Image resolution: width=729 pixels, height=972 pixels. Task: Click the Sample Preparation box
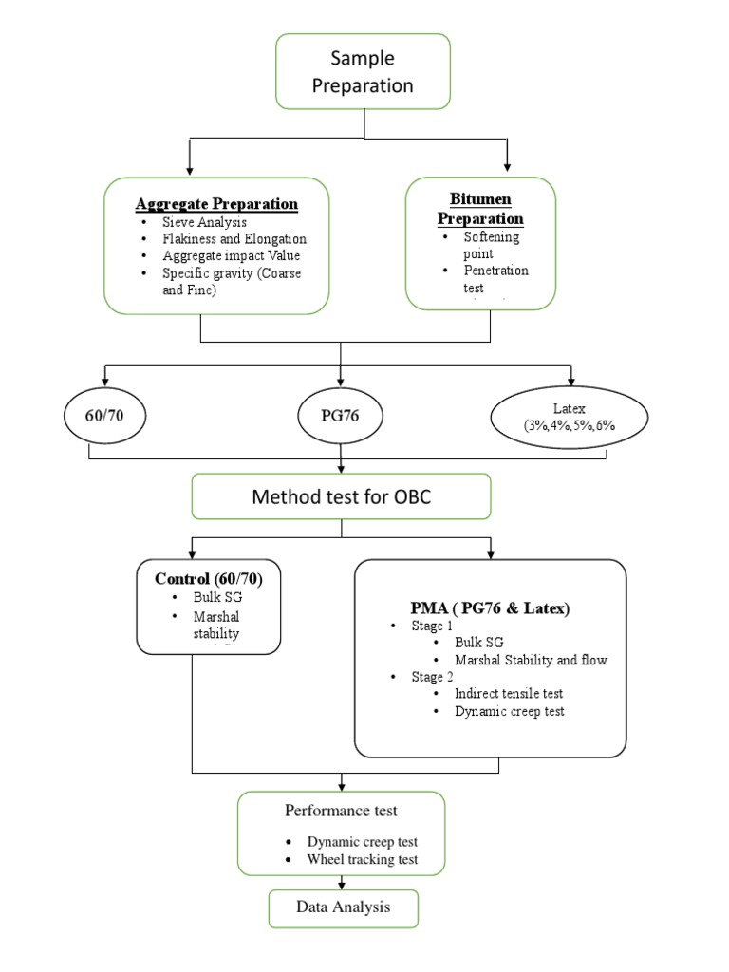click(364, 71)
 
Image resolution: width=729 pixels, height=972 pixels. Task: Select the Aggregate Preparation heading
click(216, 204)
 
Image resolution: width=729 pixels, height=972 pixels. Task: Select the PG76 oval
click(339, 415)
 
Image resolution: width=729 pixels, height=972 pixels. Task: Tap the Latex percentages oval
click(570, 416)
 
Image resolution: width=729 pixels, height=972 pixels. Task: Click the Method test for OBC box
click(342, 496)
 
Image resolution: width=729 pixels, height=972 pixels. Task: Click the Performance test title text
click(341, 811)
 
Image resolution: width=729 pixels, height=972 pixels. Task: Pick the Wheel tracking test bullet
click(362, 860)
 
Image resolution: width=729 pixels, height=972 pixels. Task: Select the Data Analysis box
click(343, 907)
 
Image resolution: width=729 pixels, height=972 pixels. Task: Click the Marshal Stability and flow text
click(531, 660)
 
